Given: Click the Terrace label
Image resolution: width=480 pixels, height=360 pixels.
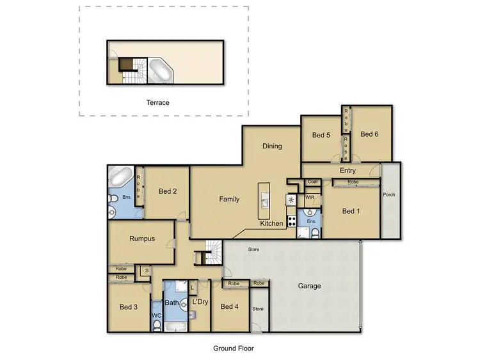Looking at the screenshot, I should click(x=157, y=102).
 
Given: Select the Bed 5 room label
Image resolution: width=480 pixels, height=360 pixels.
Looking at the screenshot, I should click(x=321, y=136).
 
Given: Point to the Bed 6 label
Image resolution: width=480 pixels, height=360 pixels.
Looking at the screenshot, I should click(x=369, y=134).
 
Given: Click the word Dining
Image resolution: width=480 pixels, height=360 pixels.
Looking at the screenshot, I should click(x=272, y=146).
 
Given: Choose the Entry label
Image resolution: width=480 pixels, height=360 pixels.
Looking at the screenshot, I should click(x=348, y=171).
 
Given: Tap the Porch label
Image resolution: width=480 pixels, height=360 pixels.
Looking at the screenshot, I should click(x=388, y=194).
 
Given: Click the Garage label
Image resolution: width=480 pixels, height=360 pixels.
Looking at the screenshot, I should click(x=308, y=286).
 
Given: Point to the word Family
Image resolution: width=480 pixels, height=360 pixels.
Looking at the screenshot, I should click(x=229, y=200).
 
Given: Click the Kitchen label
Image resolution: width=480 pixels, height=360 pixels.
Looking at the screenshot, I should click(x=271, y=224).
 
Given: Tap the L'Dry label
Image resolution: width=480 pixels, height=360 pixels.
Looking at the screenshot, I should click(x=200, y=301).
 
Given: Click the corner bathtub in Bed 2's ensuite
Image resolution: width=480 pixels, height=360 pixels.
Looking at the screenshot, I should click(x=122, y=176).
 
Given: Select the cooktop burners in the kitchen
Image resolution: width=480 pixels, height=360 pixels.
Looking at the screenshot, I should click(x=292, y=221).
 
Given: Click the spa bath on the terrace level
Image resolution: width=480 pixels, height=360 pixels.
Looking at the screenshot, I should click(x=159, y=71).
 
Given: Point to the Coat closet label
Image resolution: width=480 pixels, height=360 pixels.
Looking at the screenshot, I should click(x=312, y=182).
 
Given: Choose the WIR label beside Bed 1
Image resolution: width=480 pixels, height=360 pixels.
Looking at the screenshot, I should click(x=310, y=198).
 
